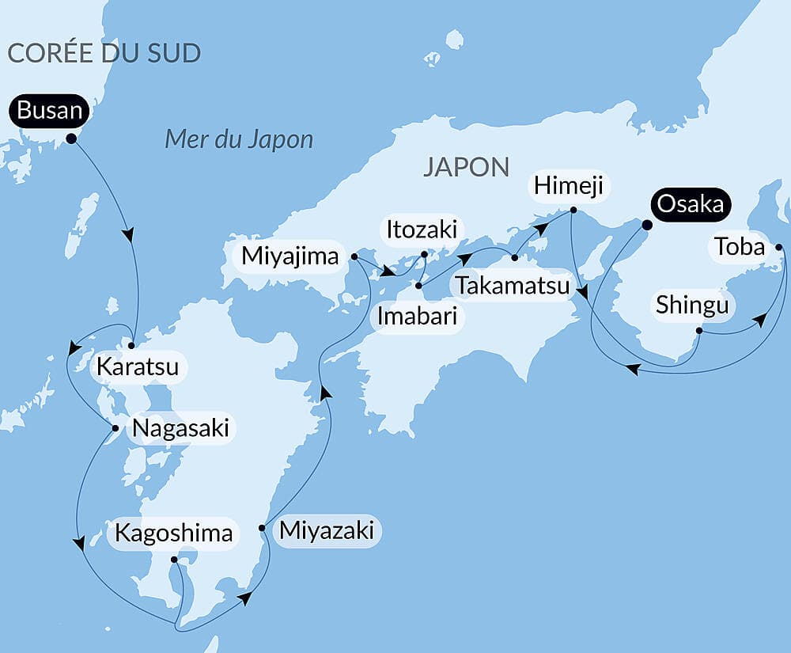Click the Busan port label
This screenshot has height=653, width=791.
coord(49,111)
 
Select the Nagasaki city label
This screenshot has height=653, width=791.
coord(180,428)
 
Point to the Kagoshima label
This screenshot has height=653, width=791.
coord(173,533)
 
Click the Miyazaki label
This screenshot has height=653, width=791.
coord(326,530)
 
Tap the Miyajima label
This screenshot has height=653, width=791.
coord(290,256)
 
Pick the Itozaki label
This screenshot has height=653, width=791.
coord(421,230)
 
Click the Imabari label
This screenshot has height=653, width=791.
coord(416,317)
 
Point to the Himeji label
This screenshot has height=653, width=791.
coord(568,186)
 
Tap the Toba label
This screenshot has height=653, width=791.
coord(740,248)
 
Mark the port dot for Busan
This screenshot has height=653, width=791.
coord(71,139)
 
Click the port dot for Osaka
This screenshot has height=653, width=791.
coord(645,225)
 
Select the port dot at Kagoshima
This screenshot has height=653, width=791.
coord(174,560)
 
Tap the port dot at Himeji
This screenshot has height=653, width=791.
coord(573,210)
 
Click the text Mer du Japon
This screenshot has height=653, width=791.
coord(239,140)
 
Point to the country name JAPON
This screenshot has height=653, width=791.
coord(466,167)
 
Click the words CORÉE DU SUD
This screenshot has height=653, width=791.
coord(104,53)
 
